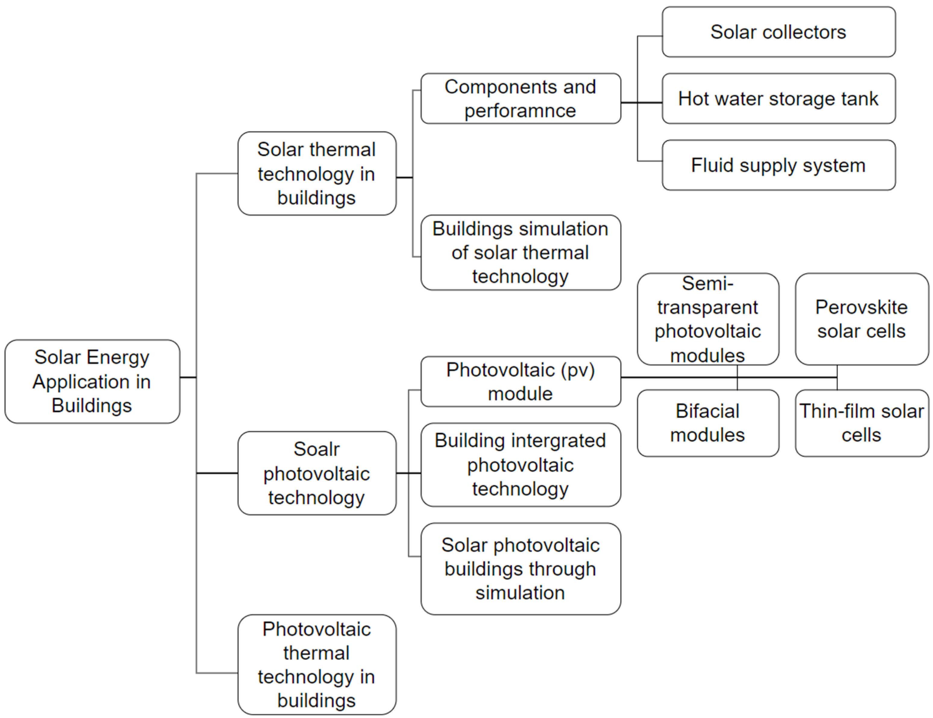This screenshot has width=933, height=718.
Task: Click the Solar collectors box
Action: coord(778,32)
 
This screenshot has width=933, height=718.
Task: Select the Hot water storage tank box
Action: coord(778,99)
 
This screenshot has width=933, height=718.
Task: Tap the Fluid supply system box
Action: coord(778,165)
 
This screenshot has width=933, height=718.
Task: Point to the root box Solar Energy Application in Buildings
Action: coord(92,381)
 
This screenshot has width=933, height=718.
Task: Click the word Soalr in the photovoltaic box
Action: coord(317,449)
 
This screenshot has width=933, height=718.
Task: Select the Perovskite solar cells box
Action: coord(861,319)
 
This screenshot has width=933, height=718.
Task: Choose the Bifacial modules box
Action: coord(707,423)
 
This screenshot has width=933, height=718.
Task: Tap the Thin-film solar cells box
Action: coord(861,423)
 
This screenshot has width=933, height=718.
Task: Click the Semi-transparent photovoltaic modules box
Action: coord(707,319)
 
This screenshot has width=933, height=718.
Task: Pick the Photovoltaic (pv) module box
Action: coord(520,381)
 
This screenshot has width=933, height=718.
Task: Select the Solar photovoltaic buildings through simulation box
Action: coord(520,569)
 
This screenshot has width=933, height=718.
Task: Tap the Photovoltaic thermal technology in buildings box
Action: coord(317,665)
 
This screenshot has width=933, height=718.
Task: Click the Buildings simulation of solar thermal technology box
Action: coord(520,252)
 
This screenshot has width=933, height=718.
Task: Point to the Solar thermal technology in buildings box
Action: coord(317,173)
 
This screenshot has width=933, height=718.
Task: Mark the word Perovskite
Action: coord(861,307)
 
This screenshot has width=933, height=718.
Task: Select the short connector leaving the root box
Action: coord(188,377)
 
